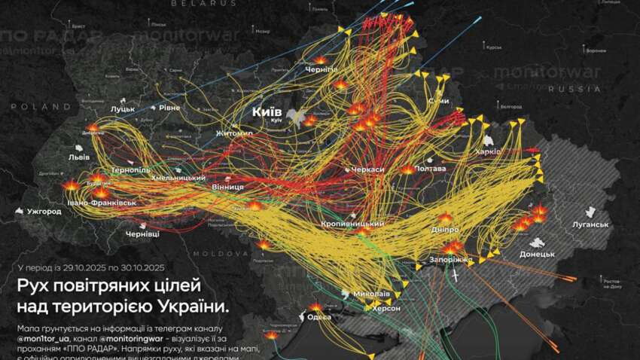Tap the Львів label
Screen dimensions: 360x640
pos(79,157)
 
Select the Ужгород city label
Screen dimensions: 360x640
pos(43,212)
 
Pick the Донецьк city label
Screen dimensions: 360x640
pos(536,254)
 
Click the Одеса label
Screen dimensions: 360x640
pos(320,316)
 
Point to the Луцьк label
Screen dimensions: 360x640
pos(123,108)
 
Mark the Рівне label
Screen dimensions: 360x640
pos(169,108)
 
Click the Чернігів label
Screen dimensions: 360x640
pos(322,69)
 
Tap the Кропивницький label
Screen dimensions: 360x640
pos(352,224)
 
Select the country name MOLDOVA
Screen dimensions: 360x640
pos(214,254)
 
